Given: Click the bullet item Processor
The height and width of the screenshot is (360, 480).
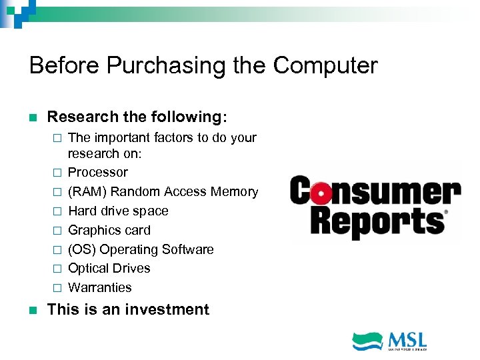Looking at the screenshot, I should (98, 172).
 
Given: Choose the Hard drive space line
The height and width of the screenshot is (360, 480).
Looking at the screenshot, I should (118, 211).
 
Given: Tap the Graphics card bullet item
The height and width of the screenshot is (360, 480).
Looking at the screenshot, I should (109, 230).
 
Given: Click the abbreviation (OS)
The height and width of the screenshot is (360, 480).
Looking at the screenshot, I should (82, 249).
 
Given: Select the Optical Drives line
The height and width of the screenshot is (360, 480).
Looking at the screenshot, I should (109, 268).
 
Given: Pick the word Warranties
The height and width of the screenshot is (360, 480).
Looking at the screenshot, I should (100, 287).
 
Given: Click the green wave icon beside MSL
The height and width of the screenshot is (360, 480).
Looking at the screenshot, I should (368, 340).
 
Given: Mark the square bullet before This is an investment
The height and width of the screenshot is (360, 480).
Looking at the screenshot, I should (34, 310).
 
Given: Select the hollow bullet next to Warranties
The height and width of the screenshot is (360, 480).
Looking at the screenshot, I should (57, 288).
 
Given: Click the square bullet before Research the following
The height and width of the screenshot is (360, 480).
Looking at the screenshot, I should (34, 117).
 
